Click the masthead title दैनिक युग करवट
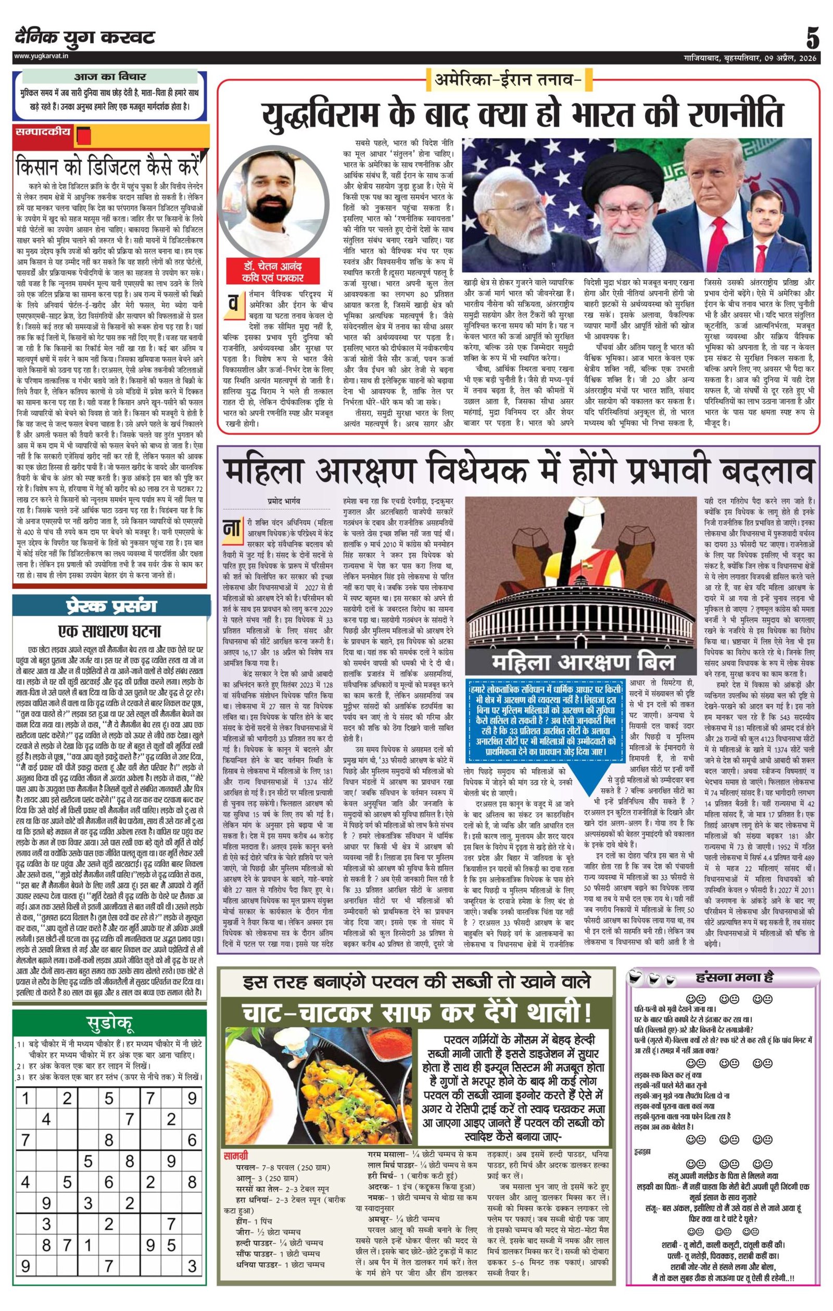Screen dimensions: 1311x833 pos(85,37)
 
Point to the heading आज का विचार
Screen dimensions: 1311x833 pos(110,77)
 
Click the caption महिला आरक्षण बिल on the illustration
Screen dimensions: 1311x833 pos(583,662)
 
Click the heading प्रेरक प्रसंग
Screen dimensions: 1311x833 pos(111,606)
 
